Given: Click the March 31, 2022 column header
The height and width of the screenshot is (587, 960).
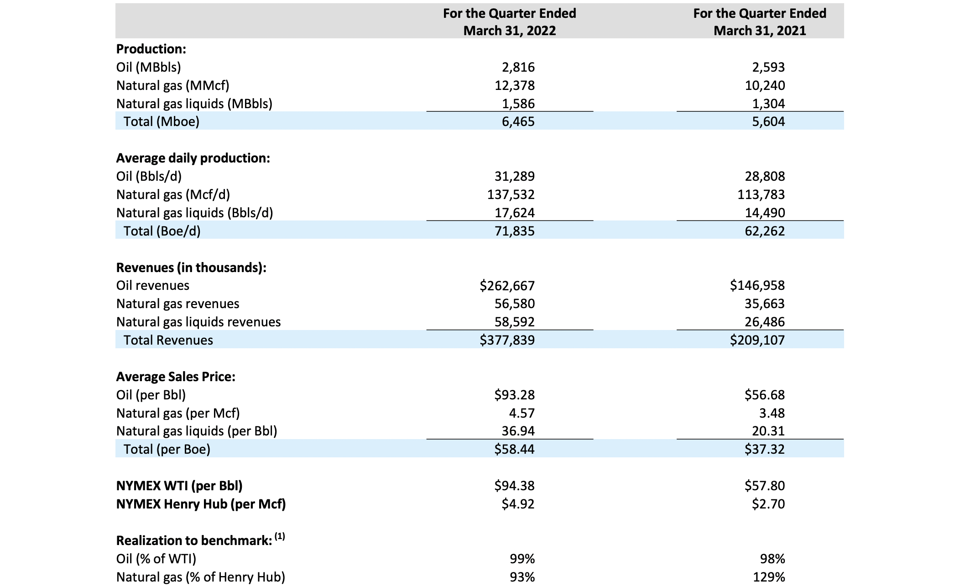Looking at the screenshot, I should point(509,22).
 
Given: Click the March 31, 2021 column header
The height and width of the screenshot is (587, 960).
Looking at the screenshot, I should point(759,22).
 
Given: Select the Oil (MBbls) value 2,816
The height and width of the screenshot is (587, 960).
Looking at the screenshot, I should point(518,67).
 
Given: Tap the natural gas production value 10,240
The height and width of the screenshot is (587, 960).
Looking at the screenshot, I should point(765,85).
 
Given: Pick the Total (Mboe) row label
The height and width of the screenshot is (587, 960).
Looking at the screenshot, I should point(161,121).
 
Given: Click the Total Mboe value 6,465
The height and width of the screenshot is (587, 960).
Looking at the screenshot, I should point(518,121).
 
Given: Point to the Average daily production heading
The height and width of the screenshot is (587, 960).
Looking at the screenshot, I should point(193,158).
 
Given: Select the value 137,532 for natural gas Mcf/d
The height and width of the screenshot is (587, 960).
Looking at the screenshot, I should point(511,194).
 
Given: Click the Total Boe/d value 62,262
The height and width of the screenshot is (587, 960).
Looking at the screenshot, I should point(765,231).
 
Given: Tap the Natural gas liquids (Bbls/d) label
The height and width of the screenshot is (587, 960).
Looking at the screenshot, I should point(194,213).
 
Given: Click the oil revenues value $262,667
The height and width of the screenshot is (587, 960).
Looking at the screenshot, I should point(507,286).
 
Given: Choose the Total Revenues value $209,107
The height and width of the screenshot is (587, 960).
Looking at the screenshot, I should point(757,340).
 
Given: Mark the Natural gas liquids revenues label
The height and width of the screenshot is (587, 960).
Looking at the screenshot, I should point(198,322).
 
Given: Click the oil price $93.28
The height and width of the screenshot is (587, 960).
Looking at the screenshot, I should point(514,395).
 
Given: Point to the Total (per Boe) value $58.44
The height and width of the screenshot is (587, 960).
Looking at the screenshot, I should point(514,449).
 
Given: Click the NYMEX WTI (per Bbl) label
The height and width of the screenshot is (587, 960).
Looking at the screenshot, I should point(179,486).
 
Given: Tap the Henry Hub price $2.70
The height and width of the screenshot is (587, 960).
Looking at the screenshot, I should point(768,504).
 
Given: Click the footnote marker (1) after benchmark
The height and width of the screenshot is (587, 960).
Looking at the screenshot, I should point(280,537).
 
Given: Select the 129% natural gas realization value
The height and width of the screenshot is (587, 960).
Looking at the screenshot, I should point(769,577).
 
